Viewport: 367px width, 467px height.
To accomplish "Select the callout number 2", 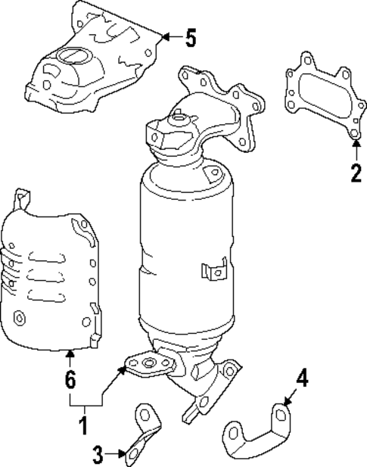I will coord(356,173).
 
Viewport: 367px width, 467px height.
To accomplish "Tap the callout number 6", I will coord(70,381).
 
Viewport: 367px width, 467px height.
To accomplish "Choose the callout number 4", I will coord(302,378).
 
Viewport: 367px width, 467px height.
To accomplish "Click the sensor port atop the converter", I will coord(178,116).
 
